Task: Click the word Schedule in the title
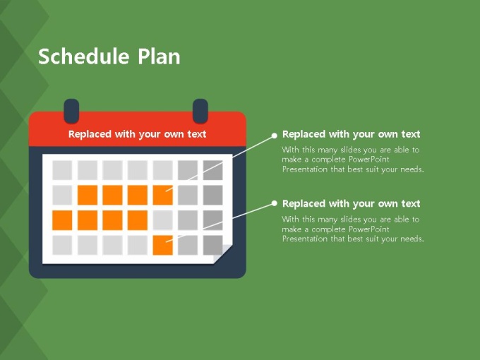pos(83,56)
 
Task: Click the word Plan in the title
pos(159,56)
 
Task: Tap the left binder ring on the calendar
pos(71,111)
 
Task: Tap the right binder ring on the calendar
pos(200,111)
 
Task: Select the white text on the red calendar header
pos(137,134)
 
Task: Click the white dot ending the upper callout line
pos(275,136)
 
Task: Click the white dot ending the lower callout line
pos(275,203)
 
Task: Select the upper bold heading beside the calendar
pos(351,134)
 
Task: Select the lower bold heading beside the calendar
pos(351,203)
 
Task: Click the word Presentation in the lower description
pos(305,239)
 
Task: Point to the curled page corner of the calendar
pos(223,254)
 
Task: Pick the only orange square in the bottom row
pos(162,245)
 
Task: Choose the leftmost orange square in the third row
pos(62,220)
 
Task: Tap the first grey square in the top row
pos(62,170)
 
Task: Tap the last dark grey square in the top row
pos(212,170)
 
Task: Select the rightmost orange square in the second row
pos(162,195)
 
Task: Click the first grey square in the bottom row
pos(62,245)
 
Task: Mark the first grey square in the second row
pos(62,195)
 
